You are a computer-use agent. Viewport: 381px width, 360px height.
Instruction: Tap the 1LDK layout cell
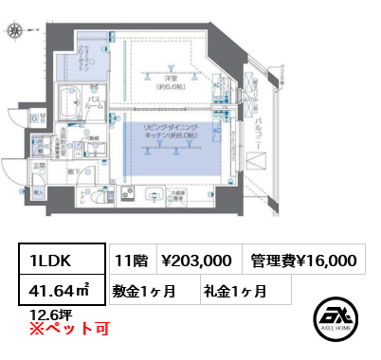coord(56,261)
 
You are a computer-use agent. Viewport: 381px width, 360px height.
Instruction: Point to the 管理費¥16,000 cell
coord(302,261)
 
